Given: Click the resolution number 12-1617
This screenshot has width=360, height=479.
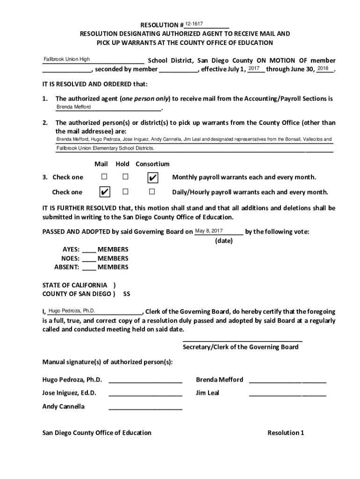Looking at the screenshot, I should [x=194, y=24].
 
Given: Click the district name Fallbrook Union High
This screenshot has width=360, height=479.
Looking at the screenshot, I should [x=67, y=59].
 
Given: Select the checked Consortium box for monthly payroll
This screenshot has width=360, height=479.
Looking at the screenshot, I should [x=152, y=178].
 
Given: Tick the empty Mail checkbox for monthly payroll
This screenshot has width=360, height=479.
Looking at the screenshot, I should [x=104, y=177].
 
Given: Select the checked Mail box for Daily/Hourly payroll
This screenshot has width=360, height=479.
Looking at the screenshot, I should [x=105, y=192].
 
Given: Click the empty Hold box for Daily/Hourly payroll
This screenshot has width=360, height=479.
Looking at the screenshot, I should [x=125, y=192].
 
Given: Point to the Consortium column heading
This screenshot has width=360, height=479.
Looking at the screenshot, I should [x=152, y=164].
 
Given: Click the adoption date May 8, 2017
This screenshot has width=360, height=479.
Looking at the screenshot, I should [x=209, y=231].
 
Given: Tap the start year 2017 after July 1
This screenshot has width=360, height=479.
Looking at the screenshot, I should [x=254, y=69].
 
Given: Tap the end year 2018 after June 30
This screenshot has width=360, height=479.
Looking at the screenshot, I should [x=323, y=69].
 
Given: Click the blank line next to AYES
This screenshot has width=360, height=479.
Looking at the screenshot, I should [x=89, y=250].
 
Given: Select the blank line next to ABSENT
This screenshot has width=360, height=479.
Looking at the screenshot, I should [x=89, y=268].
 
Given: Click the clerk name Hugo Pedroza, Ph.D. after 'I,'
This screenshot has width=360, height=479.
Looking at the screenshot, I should [x=72, y=311].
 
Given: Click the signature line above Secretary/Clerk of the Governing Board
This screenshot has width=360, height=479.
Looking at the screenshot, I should [x=242, y=341].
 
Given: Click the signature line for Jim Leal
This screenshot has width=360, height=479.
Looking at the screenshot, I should [x=287, y=396].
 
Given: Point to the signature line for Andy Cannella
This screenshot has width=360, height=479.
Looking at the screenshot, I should [x=145, y=409].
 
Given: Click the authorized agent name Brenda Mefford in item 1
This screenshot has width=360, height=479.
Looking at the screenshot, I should [x=74, y=107].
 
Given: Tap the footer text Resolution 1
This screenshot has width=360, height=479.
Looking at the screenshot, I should [x=286, y=433].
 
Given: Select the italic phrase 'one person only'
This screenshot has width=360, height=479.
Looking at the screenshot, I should [x=145, y=99].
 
